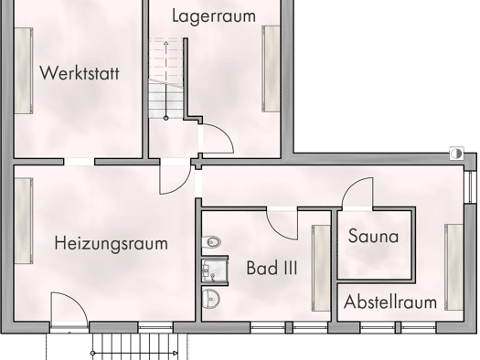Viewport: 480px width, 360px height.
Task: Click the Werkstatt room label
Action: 80,73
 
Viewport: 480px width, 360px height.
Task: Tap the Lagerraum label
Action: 214,16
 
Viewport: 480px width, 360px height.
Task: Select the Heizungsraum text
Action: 112,244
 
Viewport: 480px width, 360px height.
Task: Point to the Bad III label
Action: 272,268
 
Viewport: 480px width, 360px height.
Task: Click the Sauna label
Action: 373,236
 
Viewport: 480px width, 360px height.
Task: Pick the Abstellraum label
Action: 390,302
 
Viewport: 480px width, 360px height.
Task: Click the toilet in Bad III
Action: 211,242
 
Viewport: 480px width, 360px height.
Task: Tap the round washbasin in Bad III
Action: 211,298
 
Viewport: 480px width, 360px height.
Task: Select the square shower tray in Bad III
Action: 215,270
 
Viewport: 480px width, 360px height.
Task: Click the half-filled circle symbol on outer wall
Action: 456,154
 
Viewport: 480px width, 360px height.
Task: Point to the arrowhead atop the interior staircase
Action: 165,43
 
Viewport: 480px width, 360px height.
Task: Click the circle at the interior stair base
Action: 165,118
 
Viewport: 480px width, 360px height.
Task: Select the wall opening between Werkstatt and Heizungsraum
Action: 79,162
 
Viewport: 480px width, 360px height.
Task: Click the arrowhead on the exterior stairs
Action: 176,353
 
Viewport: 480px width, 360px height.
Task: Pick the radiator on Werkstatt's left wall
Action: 24,70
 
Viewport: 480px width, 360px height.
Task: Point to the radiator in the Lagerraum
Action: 271,69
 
